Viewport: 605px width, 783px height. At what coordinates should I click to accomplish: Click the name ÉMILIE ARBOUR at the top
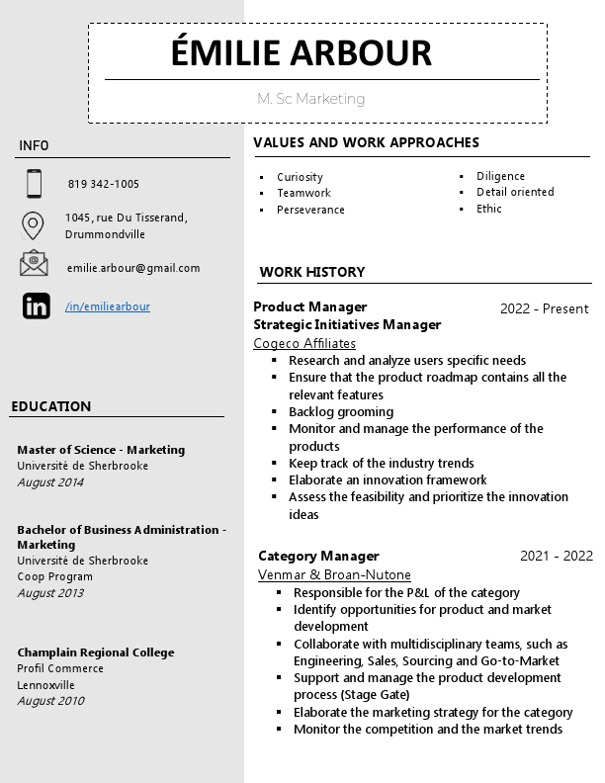302,52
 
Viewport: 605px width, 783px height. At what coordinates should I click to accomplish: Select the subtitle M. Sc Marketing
310,99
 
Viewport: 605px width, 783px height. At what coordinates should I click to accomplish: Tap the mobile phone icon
34,184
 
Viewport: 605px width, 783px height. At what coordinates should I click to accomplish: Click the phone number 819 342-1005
104,184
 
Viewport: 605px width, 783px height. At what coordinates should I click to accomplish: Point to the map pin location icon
33,225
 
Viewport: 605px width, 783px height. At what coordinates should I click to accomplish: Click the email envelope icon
34,264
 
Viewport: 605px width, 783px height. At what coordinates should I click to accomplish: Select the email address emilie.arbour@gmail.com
133,268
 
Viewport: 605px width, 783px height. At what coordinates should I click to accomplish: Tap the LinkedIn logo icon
36,306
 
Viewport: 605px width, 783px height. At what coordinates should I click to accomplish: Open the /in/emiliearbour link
108,306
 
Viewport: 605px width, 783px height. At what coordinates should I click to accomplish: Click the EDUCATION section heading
51,406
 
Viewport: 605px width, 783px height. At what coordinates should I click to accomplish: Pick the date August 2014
50,482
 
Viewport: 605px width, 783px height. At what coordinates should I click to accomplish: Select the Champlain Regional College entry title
96,652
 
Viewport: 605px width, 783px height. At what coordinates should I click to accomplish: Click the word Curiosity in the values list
300,177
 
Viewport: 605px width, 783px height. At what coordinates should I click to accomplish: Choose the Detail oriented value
515,192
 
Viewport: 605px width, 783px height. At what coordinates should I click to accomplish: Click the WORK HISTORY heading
312,272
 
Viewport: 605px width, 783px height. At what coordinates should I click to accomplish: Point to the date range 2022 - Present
544,308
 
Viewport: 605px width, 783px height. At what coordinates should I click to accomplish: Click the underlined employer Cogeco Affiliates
304,343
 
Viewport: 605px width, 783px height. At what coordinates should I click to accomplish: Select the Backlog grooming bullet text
341,411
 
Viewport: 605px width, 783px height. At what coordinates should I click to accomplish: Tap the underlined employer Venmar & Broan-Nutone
334,574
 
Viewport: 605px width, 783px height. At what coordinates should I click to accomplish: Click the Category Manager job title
318,556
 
